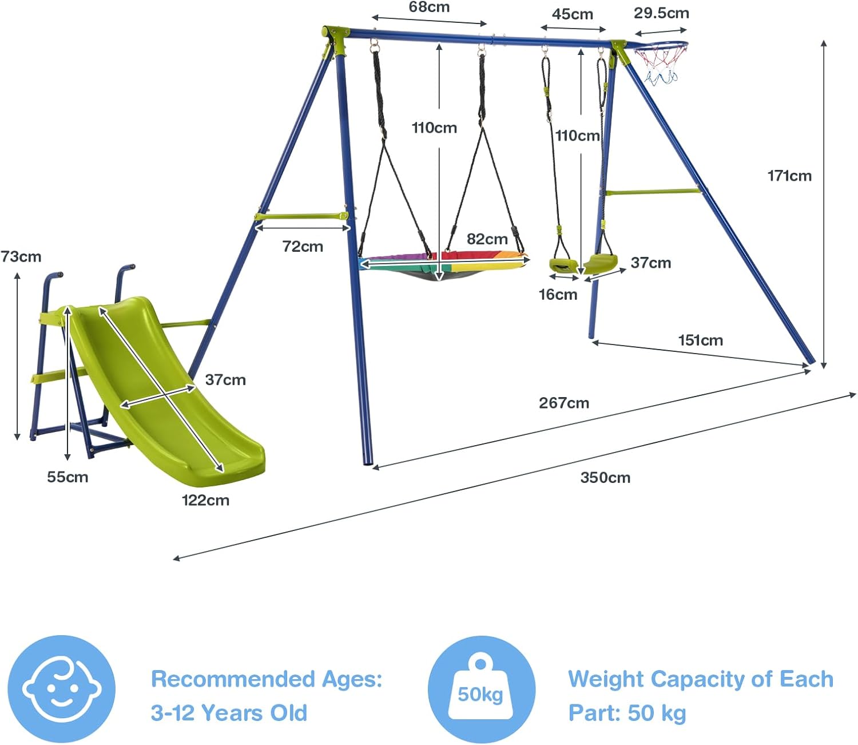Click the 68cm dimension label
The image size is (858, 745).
[x=429, y=7]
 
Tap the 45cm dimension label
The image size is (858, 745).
[x=572, y=14]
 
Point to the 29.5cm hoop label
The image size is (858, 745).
[x=661, y=13]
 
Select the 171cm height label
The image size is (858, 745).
[x=789, y=176]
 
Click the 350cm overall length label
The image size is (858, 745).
[x=605, y=478]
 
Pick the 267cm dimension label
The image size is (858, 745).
[x=564, y=403]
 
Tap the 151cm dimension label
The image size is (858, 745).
[x=700, y=340]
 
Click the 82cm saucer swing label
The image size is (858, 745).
[x=487, y=239]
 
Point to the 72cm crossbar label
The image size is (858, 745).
[x=303, y=247]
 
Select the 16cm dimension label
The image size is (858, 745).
[x=558, y=295]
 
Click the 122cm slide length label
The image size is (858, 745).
[x=205, y=501]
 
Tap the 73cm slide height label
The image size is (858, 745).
[x=21, y=257]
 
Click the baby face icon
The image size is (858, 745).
[x=62, y=688]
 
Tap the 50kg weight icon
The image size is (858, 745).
[x=480, y=688]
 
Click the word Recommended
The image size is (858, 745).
[x=233, y=679]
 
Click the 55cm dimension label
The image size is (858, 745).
[x=67, y=477]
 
